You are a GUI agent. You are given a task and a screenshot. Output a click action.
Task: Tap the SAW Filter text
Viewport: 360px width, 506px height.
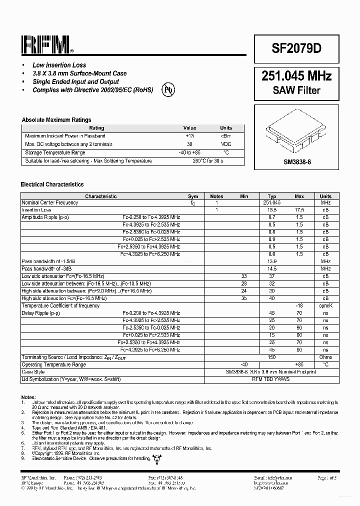[x=296, y=90]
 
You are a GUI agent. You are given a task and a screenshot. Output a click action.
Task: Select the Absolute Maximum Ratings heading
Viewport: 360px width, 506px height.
[x=56, y=120]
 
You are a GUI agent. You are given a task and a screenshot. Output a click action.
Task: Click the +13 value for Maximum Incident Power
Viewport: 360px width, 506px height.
[x=189, y=136]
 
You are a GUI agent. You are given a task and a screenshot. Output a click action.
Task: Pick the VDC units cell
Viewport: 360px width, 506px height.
[x=226, y=144]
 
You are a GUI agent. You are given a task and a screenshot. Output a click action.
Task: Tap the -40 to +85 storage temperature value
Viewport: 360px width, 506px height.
[x=189, y=152]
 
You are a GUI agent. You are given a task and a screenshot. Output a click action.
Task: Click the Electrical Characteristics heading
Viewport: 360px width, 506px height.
[x=52, y=184]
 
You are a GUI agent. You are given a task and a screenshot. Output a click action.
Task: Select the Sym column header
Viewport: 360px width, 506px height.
[x=193, y=196]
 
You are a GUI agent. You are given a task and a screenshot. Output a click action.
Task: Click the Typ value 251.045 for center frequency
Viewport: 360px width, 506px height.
[x=271, y=203]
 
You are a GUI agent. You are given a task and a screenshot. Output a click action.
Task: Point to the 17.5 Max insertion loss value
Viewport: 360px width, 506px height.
[x=299, y=210]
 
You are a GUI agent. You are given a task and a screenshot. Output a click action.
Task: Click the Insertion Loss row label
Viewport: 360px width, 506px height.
[x=36, y=210]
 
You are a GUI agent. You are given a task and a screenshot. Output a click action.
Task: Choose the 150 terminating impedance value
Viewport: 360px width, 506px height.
[x=271, y=357]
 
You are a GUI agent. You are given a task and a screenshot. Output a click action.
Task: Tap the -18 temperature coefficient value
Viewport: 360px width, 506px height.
[x=299, y=305]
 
